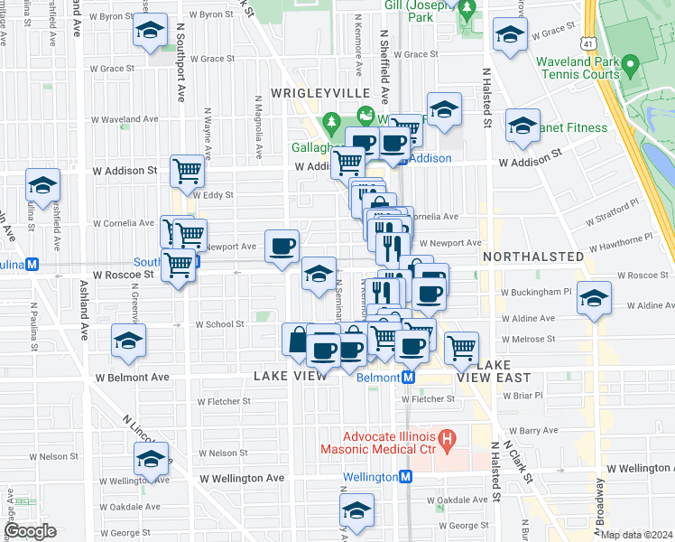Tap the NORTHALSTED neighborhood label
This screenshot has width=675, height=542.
point(533,257)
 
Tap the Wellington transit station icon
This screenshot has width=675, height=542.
point(406,476)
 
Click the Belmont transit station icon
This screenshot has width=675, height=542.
point(408,377)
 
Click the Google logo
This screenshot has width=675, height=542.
point(30,531)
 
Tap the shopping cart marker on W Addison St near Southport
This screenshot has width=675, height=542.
point(187,169)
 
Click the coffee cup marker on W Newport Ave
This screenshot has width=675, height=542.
point(282,245)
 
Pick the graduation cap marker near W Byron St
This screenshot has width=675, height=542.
point(150,31)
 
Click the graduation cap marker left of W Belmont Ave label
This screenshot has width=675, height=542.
point(128,342)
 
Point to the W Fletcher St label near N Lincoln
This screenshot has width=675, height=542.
point(222,401)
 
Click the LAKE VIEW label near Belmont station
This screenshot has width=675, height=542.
point(291,375)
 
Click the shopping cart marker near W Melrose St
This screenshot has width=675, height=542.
point(462,346)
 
